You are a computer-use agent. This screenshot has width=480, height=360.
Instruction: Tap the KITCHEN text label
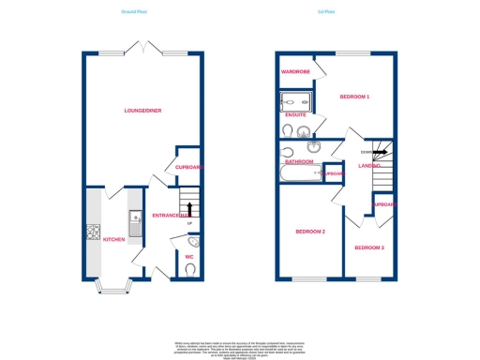pos(113,238)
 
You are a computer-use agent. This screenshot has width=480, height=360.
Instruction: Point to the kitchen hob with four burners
pos(94,232)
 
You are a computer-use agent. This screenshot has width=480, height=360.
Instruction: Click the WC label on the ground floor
pos(187,255)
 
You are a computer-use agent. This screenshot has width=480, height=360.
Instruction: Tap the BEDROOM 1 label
pos(353,97)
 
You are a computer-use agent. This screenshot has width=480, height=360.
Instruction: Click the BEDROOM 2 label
pos(309,231)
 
